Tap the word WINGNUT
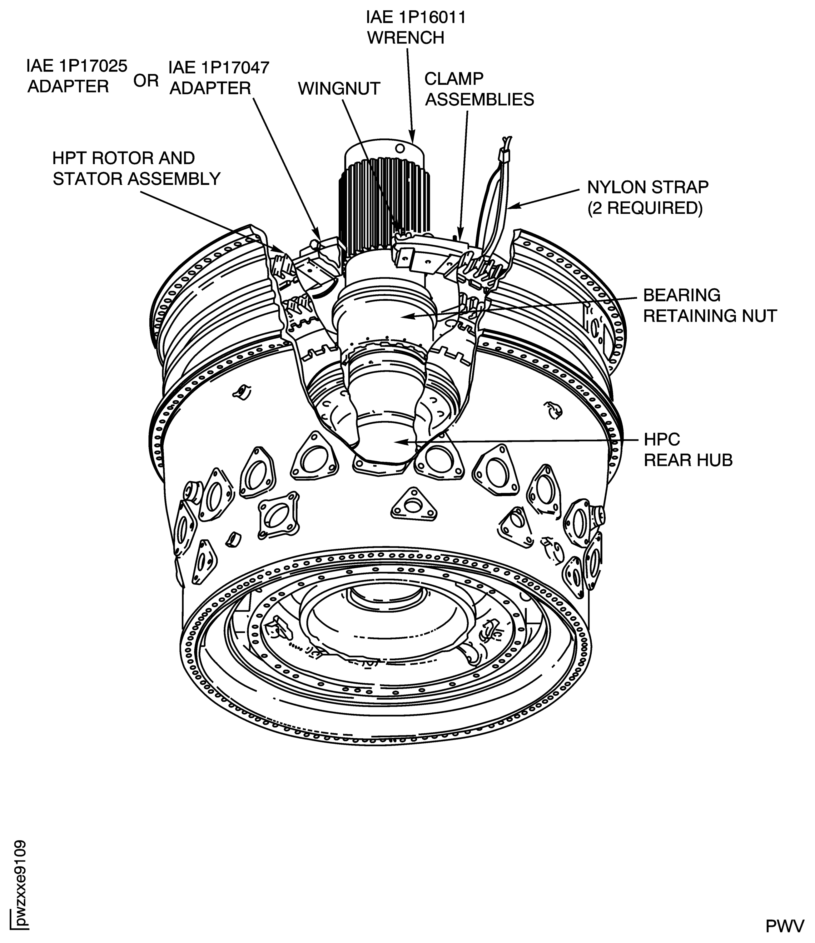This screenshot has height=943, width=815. [339, 88]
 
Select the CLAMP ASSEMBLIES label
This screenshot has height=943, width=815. [479, 89]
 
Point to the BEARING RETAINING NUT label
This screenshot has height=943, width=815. [709, 305]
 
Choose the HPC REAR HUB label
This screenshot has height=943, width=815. [688, 450]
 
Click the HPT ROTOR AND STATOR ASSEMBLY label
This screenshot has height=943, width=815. [136, 168]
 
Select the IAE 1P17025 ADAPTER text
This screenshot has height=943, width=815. [77, 76]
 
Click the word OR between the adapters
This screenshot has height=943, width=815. [146, 81]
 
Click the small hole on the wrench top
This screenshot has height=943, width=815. [400, 148]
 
